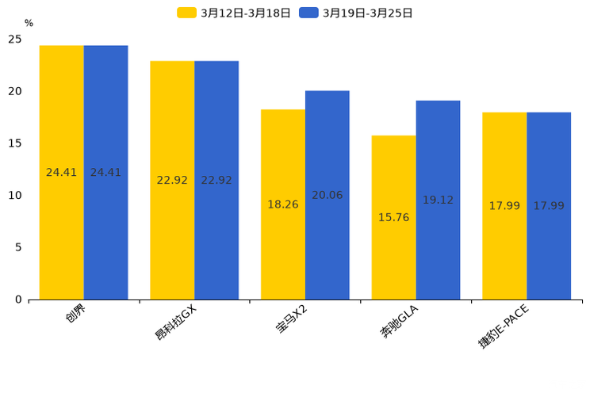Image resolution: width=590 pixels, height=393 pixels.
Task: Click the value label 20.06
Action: pos(327,195)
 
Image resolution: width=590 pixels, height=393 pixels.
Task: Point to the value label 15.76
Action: pos(393,217)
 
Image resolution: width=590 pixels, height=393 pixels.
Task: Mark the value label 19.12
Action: pos(438,200)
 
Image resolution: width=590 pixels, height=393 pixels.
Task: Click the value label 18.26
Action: pos(283,204)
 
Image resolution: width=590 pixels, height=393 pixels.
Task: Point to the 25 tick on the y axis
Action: pos(15,39)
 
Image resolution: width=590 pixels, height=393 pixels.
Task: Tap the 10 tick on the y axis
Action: pos(15,195)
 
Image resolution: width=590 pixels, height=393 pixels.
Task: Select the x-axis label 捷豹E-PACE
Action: pos(504,326)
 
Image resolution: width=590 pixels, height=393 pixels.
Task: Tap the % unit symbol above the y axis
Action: pos(29,23)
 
